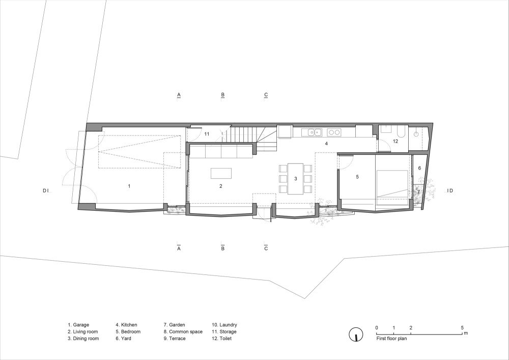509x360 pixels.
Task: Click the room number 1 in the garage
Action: (129, 186)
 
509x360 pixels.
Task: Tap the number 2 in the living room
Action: (221, 186)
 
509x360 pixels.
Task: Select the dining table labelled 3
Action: (295, 179)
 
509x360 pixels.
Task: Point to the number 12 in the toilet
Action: (395, 141)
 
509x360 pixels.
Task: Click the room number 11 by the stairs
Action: (207, 134)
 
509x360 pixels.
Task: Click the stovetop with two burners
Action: (334, 132)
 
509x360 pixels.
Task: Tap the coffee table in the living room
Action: (221, 173)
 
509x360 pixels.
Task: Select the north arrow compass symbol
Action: (356, 335)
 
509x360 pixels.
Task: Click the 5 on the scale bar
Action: (462, 327)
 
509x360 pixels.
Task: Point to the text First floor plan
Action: (391, 338)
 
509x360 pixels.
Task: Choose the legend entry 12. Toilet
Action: (222, 338)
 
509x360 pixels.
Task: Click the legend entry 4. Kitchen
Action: (126, 325)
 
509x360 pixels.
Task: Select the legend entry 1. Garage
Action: (78, 325)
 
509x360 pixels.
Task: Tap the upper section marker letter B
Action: (223, 95)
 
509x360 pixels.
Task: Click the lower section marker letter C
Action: (266, 248)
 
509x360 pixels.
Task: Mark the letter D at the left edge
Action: (45, 191)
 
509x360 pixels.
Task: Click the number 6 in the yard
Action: (419, 168)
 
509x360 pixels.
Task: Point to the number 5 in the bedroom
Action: (357, 177)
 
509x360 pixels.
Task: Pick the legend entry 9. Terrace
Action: (175, 338)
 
